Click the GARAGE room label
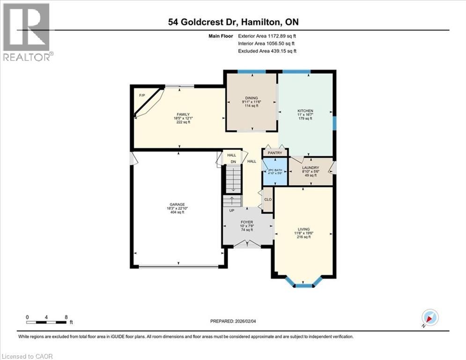(177, 204)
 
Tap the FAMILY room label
(183, 114)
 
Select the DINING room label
(251, 98)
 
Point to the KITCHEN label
(305, 111)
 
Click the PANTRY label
(275, 153)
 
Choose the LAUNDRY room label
(311, 168)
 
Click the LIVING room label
(303, 229)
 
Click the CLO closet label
(268, 200)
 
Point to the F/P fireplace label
(142, 96)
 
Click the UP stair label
(231, 210)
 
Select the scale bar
(46, 322)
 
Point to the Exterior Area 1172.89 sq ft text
(267, 36)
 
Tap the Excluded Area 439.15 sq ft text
(267, 51)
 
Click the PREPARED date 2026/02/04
(233, 321)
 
